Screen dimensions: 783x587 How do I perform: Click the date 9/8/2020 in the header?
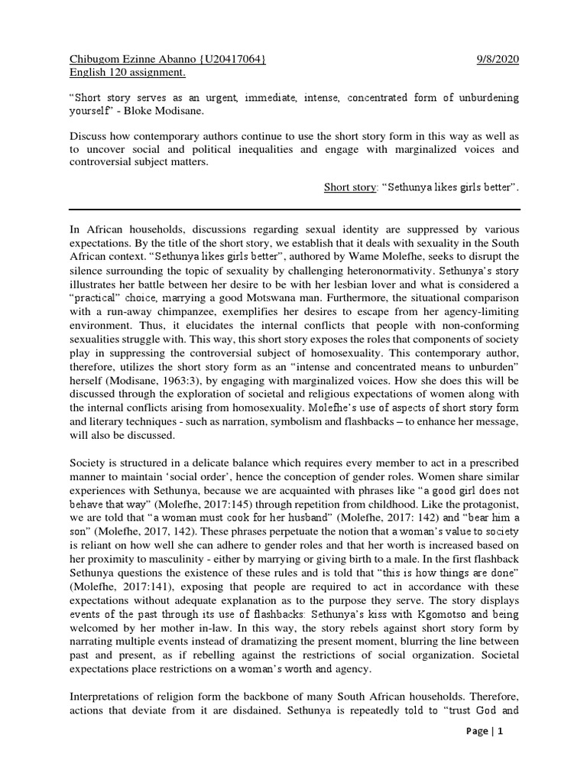(x=498, y=60)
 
